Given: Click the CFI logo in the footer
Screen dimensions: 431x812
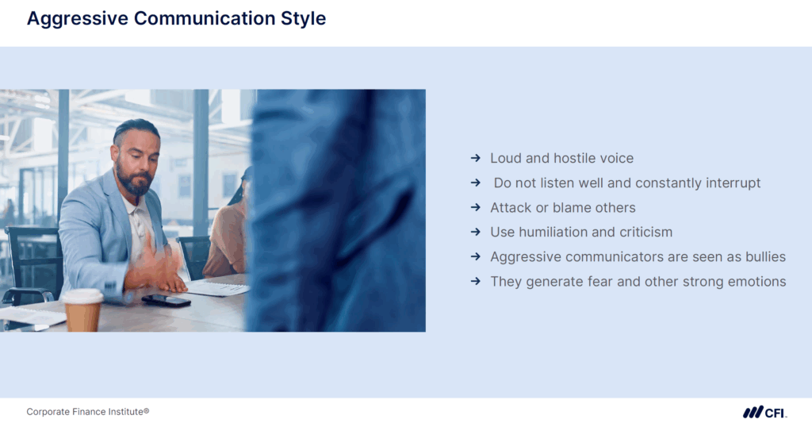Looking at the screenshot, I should click(x=764, y=412).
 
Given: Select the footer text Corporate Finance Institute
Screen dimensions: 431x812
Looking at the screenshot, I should click(x=87, y=412).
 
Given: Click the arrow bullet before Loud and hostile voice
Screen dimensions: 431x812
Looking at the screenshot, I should click(x=476, y=159).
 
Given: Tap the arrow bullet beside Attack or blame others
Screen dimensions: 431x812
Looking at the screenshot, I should click(x=476, y=208).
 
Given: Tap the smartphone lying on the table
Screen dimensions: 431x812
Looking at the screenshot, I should click(x=166, y=300).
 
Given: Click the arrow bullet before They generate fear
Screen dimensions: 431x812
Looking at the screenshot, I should click(x=476, y=282).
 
